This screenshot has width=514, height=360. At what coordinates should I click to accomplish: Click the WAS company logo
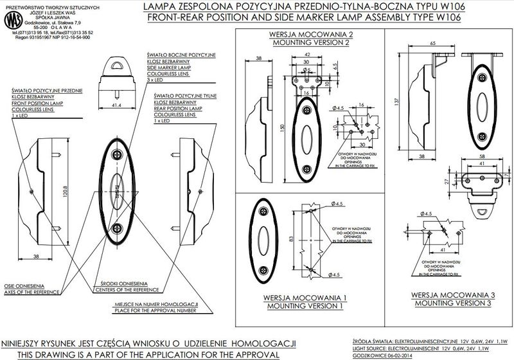pyautogui.click(x=12, y=20)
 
